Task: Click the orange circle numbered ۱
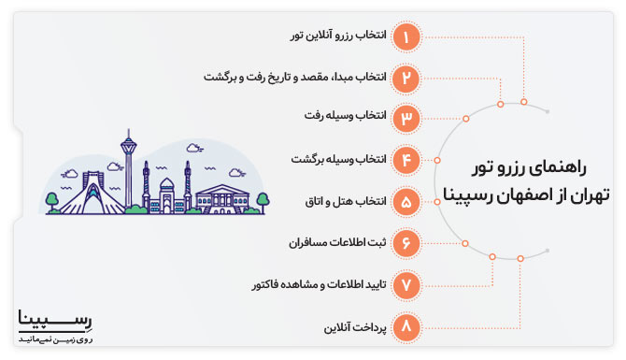coord(406,36)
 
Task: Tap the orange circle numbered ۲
coord(406,78)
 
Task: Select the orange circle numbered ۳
coord(406,119)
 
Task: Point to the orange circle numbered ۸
coord(406,327)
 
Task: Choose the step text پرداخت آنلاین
coord(350,327)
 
